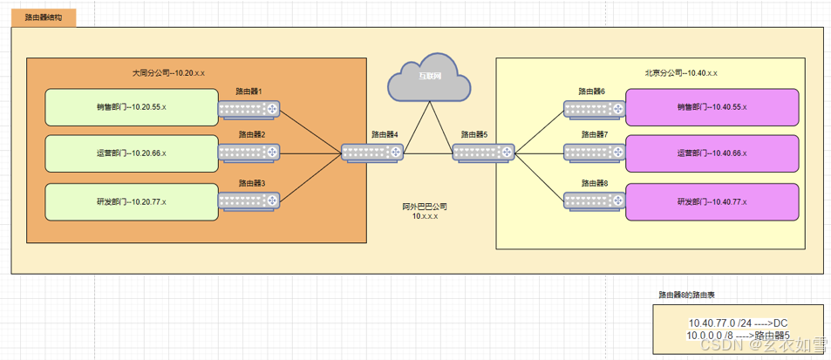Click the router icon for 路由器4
pos(372,153)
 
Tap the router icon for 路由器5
pos(483,153)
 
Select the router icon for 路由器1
pos(249,109)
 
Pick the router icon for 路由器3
pos(249,200)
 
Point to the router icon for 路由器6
pos(594,108)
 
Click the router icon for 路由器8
pos(594,200)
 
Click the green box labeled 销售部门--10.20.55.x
pos(131,108)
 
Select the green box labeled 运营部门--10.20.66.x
pos(131,153)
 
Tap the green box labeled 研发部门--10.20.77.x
pos(131,201)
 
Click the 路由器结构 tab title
pos(44,17)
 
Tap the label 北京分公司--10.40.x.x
pos(681,73)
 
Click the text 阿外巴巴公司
pos(425,207)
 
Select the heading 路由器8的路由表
pos(687,295)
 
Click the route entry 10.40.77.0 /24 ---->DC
pos(738,323)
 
